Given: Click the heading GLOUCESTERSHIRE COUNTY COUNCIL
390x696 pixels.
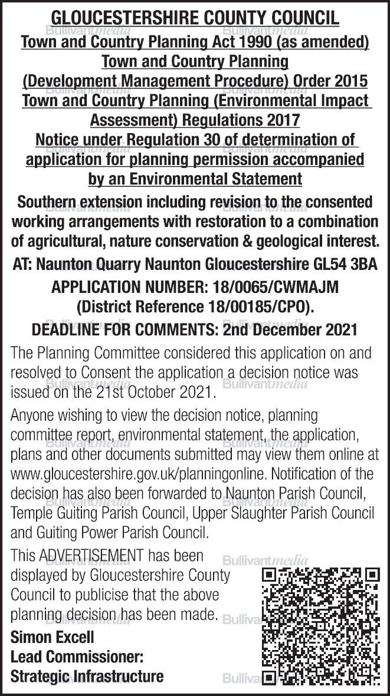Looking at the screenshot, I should coord(195,18).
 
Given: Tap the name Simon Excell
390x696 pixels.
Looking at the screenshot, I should coord(52,637).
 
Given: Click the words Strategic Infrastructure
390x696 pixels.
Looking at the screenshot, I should coord(87,676).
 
